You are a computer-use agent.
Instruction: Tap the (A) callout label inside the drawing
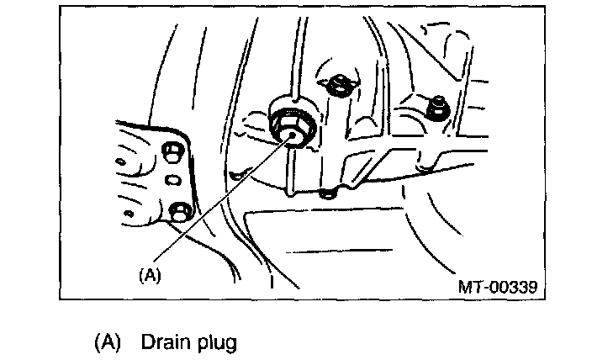point(149,274)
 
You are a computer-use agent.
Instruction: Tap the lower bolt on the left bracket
point(178,211)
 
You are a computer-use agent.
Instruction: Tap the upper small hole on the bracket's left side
point(123,158)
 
